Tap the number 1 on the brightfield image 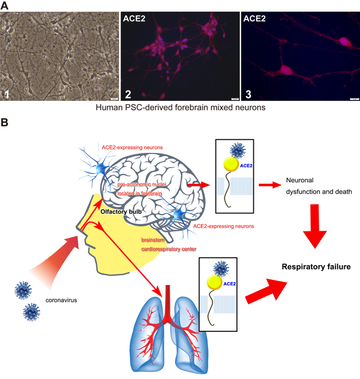pos(7,94)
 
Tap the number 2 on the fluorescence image pos(128,94)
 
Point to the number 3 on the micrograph pos(248,94)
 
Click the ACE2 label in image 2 pos(135,19)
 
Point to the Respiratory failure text pos(316,267)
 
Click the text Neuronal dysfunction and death pos(317,186)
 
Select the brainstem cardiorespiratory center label pos(164,245)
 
